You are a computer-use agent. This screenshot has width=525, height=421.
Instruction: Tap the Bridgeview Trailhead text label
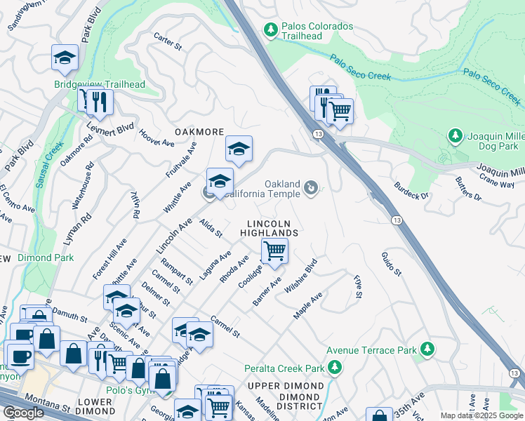[x=100, y=85]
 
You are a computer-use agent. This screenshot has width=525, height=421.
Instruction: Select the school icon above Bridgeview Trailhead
[x=65, y=58]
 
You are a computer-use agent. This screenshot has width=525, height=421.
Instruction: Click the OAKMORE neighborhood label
[x=199, y=132]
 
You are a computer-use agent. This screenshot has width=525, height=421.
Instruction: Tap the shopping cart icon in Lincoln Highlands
[x=274, y=250]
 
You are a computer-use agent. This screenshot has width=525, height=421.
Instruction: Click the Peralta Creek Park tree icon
[x=335, y=367]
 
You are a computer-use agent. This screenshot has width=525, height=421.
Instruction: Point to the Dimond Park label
[x=46, y=258]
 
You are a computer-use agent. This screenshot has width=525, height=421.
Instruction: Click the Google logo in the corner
[x=23, y=413]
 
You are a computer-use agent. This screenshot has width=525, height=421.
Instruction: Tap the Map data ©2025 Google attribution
[x=481, y=415]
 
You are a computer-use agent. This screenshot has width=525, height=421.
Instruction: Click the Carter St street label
[x=168, y=42]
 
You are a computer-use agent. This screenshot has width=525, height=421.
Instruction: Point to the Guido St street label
[x=391, y=263]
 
